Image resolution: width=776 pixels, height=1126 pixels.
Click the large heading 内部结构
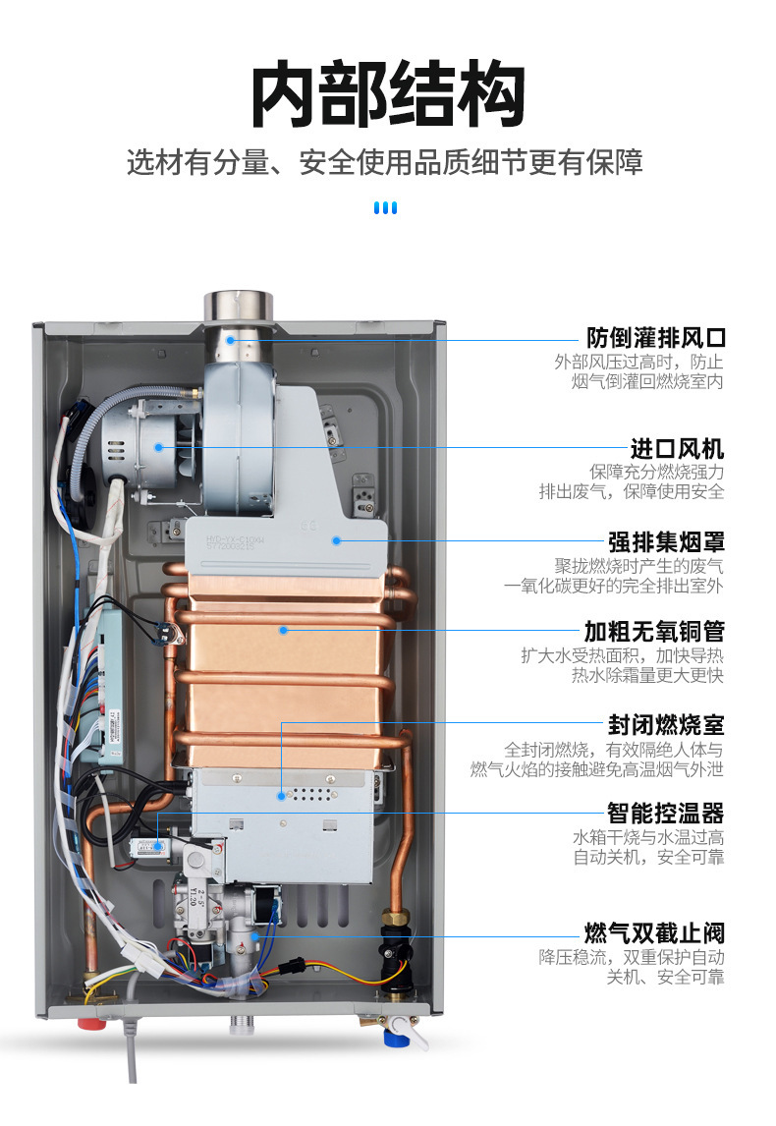click(387, 95)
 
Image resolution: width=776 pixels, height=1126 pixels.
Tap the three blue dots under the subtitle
click(387, 207)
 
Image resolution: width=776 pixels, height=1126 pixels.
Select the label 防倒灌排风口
click(656, 338)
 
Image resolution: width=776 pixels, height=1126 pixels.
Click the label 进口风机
click(677, 449)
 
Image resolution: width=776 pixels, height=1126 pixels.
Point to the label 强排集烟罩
click(666, 540)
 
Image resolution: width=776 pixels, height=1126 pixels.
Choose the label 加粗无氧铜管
click(655, 630)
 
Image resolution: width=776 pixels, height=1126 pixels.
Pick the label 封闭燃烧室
click(666, 725)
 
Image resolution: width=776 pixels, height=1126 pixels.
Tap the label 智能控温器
click(666, 813)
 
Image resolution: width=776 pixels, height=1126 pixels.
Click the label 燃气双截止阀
click(655, 931)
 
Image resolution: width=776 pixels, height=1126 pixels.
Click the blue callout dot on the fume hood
click(336, 539)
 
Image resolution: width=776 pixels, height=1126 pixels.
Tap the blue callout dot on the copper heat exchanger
click(282, 630)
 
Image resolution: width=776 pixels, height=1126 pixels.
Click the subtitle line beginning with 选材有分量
click(385, 162)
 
